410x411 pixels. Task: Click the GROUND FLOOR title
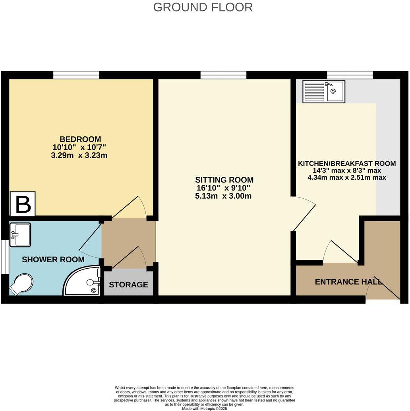[x=203, y=7]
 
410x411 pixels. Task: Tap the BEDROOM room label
[x=80, y=139]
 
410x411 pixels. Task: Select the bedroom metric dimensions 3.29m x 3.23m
[x=80, y=155]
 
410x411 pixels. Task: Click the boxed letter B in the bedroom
[x=23, y=204]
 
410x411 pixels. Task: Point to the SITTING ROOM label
[x=224, y=180]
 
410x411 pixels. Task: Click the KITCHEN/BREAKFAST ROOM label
[x=347, y=163]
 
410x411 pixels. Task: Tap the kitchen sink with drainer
[x=323, y=91]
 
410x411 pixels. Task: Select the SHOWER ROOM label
[x=53, y=260]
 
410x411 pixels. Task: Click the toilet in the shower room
[x=22, y=283]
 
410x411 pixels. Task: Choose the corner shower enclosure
[x=83, y=281]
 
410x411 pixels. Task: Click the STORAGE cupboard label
[x=128, y=285]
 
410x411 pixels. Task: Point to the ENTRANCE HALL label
[x=348, y=282]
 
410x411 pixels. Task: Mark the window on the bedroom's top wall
[x=76, y=75]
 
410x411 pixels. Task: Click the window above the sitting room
[x=223, y=75]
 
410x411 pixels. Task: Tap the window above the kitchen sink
[x=350, y=75]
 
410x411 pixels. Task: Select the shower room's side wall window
[x=4, y=257]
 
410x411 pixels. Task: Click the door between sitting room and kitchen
[x=304, y=215]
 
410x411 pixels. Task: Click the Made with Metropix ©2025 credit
[x=205, y=408]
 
